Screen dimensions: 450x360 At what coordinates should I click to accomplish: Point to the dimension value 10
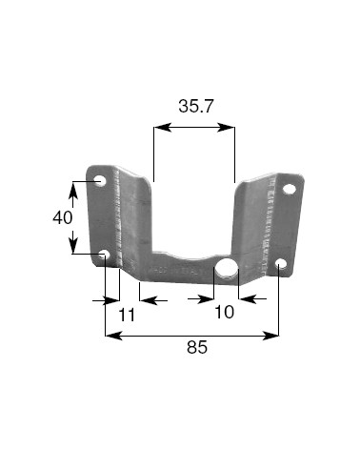[x=223, y=312]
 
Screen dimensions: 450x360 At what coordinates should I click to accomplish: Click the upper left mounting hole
[x=100, y=180]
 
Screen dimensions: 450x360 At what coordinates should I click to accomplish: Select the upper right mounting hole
[x=289, y=190]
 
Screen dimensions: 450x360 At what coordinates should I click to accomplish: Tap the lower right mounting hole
[x=280, y=264]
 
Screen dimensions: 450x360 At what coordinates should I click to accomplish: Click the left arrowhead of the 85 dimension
[x=110, y=335]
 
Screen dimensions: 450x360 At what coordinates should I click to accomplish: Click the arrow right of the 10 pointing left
[x=245, y=298]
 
